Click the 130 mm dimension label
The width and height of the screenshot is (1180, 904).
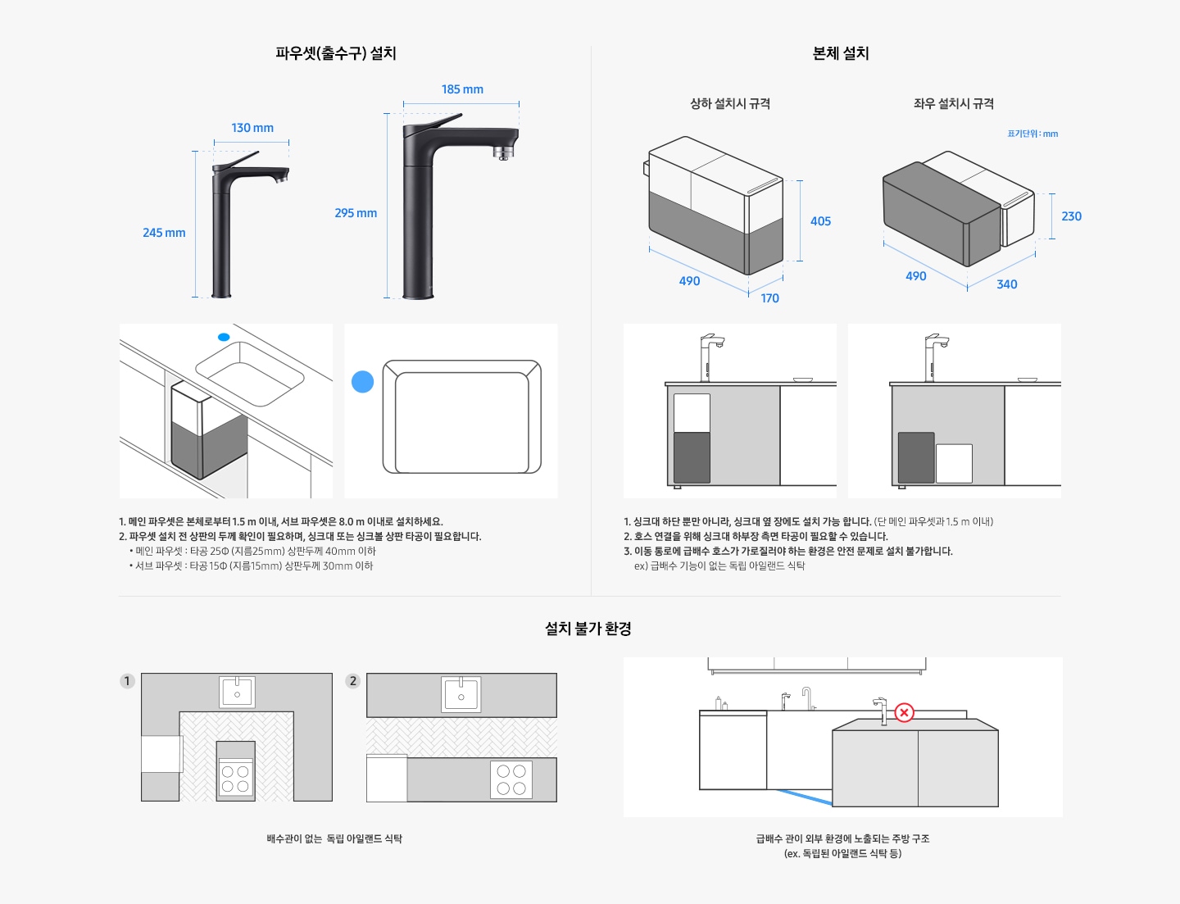252,128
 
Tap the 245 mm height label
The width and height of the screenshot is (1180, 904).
164,233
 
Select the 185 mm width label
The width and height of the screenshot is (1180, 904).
462,89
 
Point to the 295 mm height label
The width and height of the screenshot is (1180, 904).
356,213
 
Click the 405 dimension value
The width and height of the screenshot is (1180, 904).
820,221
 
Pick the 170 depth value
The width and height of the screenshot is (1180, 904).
769,298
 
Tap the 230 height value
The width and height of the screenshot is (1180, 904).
1071,216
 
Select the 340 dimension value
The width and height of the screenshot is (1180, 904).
1006,284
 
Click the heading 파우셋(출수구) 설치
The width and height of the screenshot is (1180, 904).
336,53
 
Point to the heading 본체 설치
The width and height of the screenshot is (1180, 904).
841,53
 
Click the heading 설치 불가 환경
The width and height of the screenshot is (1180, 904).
588,629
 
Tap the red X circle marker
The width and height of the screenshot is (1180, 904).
904,712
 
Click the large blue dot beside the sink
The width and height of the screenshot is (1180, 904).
362,382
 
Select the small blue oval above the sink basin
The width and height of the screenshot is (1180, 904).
224,337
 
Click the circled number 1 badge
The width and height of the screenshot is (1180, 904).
127,681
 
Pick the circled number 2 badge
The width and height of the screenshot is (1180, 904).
353,681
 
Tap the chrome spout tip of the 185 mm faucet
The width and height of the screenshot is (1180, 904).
503,152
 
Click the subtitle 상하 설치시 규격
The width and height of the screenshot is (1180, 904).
730,104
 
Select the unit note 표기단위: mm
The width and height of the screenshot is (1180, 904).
1032,134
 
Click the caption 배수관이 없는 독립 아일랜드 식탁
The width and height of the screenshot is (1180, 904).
334,838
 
